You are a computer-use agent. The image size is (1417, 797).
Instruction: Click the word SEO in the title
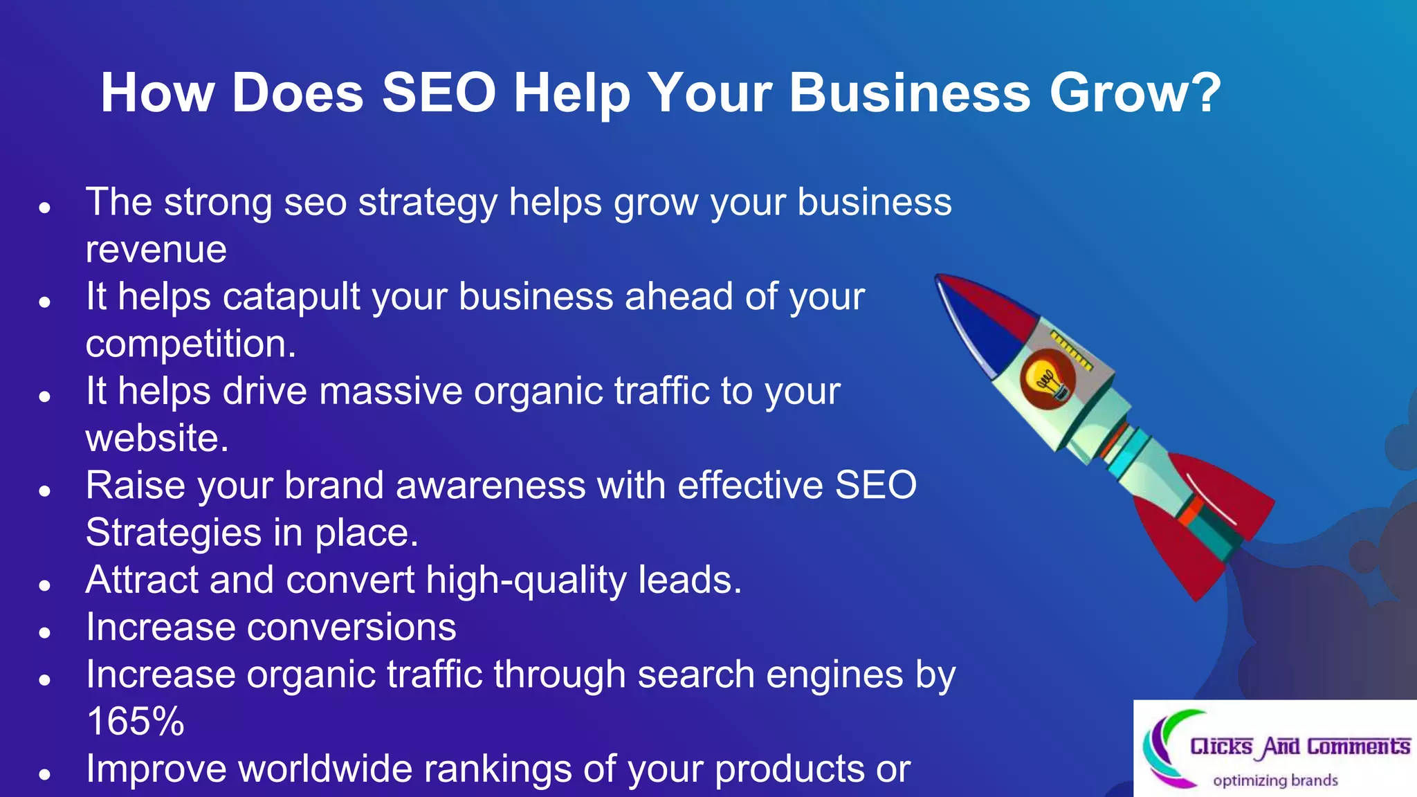pos(439,93)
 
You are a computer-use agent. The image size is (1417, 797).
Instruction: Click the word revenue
pos(156,250)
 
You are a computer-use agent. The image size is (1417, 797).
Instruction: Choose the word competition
pos(190,344)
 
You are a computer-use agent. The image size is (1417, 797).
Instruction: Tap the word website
pos(156,439)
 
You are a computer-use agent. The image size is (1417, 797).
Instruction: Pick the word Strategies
pos(174,533)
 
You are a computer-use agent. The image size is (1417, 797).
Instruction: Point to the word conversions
pos(351,627)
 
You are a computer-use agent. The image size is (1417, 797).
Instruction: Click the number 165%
pos(136,722)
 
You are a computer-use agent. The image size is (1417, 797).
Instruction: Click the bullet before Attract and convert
pos(45,585)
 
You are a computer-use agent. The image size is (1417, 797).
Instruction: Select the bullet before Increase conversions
pos(45,632)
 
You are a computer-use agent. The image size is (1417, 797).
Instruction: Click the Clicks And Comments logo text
pos(1299,746)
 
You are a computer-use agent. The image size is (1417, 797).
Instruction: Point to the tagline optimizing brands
pos(1275,780)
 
